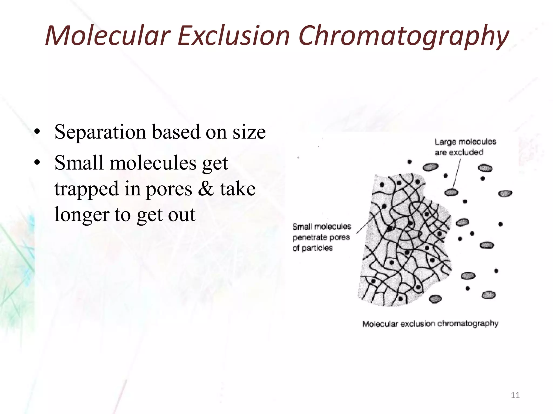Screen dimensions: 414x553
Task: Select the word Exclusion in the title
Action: pyautogui.click(x=234, y=36)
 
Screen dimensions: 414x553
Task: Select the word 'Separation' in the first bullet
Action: pyautogui.click(x=100, y=132)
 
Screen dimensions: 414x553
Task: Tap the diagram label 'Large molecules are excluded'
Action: pyautogui.click(x=465, y=147)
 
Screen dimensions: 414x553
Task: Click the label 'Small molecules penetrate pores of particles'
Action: pyautogui.click(x=321, y=237)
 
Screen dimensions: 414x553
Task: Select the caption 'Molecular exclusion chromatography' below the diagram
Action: pyautogui.click(x=430, y=324)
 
